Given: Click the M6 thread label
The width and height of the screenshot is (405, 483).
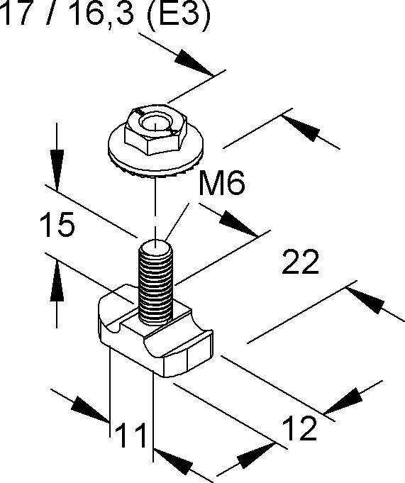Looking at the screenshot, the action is pyautogui.click(x=222, y=183).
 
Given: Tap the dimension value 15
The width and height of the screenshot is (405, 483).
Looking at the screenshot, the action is pyautogui.click(x=57, y=224).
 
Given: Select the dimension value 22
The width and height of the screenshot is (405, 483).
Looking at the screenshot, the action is pyautogui.click(x=300, y=262).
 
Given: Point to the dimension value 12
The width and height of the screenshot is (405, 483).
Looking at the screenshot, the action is pyautogui.click(x=299, y=428).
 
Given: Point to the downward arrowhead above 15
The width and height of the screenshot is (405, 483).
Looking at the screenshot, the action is pyautogui.click(x=57, y=170).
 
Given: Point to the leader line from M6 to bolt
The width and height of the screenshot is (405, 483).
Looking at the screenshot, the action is pyautogui.click(x=177, y=222).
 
